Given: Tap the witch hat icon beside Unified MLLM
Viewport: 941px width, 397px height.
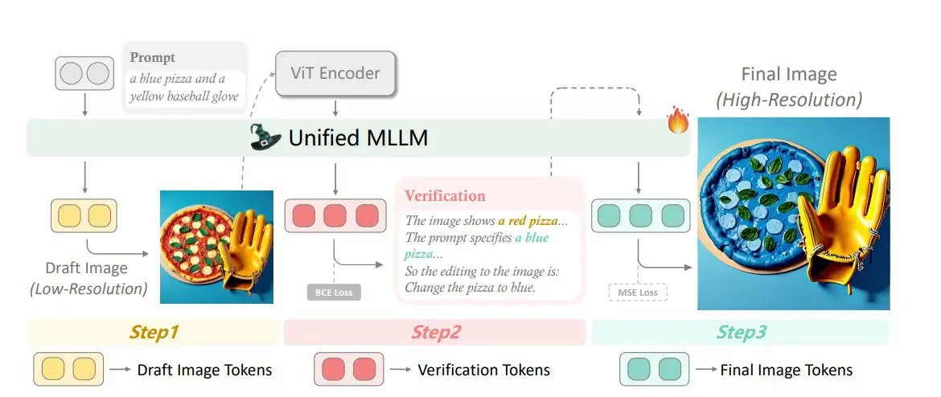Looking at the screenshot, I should pos(267,137).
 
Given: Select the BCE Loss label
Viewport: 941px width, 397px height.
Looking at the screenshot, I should pos(333,292).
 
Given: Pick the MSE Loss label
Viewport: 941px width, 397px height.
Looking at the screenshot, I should pos(638,293).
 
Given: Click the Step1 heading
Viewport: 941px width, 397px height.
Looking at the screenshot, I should pos(155,332).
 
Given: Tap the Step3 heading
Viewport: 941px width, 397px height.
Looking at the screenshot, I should pos(741,332).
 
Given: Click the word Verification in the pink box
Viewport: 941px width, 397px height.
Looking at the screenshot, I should pos(445,195).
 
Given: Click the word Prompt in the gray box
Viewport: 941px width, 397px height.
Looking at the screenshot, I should pos(152,58).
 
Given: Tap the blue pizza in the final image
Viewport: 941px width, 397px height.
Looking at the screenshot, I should pos(749,193).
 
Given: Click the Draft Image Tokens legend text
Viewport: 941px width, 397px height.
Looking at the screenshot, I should pos(204,370).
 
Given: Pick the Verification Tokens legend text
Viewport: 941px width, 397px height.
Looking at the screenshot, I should pos(483,370).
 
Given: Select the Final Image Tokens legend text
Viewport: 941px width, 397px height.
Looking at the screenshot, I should pos(786,370).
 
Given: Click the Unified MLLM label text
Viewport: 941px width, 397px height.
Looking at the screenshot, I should pos(358,138).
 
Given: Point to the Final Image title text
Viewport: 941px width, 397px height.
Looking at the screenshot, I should pos(788,75).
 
